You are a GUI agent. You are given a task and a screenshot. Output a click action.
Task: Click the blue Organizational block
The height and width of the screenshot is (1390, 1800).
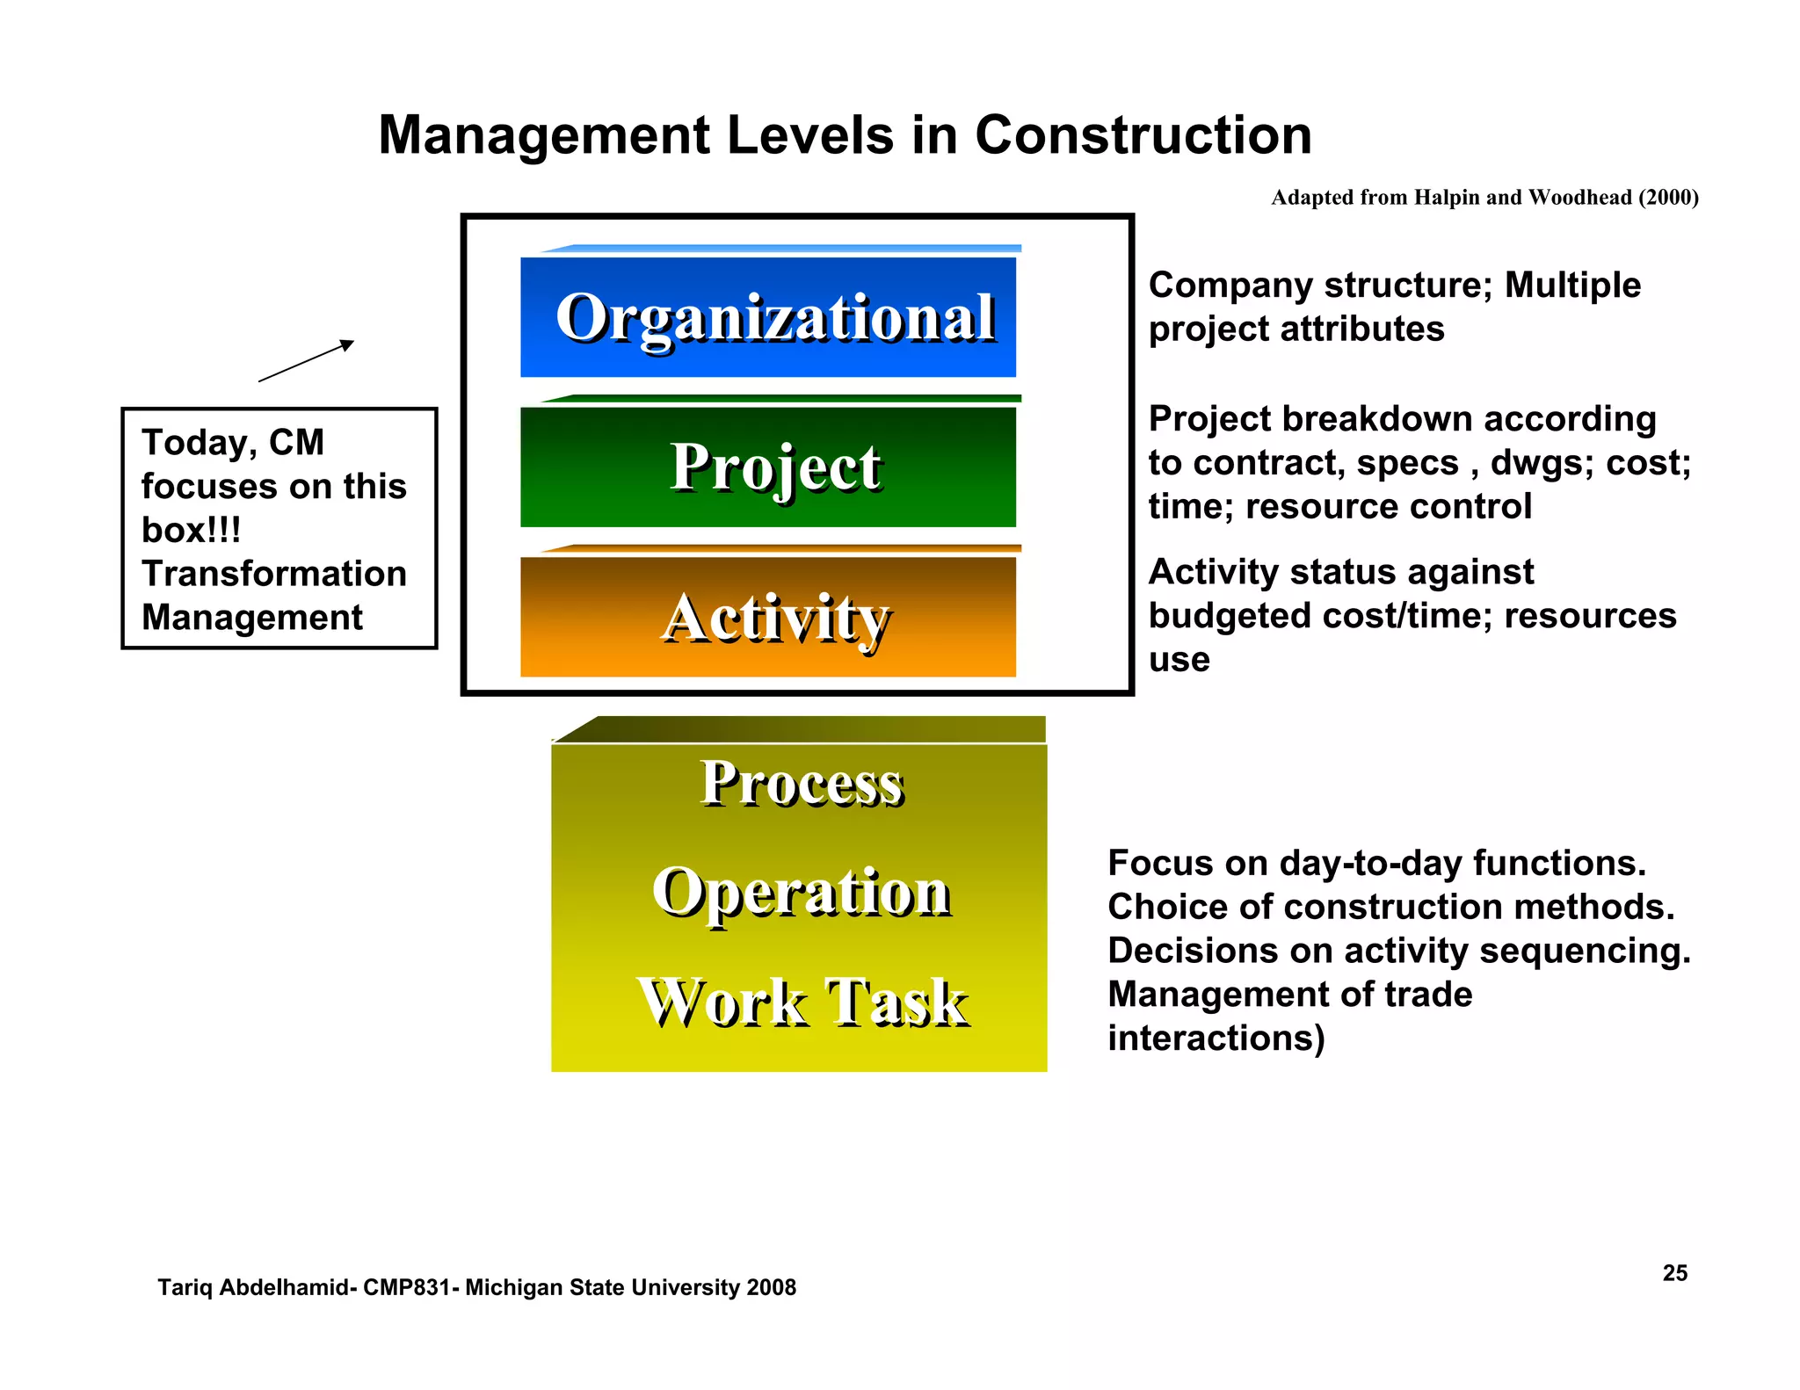(x=768, y=317)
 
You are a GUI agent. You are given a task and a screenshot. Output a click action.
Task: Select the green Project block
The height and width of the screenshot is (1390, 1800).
(x=768, y=467)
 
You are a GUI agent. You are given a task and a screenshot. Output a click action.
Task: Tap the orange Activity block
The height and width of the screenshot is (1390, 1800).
(x=768, y=617)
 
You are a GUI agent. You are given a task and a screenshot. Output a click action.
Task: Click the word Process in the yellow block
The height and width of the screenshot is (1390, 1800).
(x=801, y=783)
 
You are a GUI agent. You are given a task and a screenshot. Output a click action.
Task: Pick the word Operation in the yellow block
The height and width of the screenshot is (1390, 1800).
(x=801, y=892)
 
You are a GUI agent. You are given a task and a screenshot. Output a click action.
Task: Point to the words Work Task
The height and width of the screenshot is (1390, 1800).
(x=801, y=1002)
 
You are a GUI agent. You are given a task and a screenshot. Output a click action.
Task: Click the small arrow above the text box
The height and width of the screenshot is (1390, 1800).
(x=306, y=360)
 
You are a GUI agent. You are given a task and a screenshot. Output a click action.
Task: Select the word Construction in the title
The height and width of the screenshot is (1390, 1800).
(x=1143, y=135)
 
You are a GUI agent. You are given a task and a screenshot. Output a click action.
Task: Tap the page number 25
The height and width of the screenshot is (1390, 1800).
(x=1674, y=1273)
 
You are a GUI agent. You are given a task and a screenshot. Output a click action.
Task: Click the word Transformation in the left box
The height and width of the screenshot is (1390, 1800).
(x=274, y=574)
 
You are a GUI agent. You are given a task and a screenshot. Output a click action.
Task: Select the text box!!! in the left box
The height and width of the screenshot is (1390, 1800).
(x=191, y=530)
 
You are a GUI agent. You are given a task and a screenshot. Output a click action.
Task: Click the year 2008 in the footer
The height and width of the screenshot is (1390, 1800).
(x=771, y=1287)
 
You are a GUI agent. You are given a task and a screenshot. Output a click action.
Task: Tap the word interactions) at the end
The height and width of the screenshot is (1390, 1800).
(x=1216, y=1039)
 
